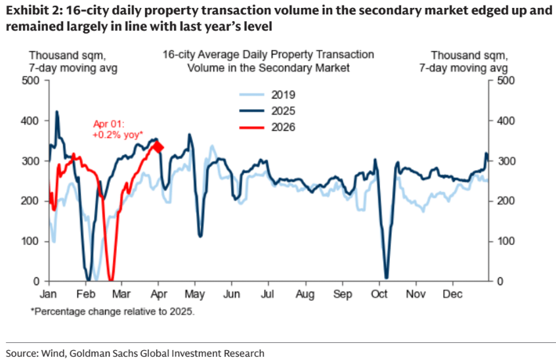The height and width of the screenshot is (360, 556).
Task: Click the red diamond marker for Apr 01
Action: (x=158, y=146)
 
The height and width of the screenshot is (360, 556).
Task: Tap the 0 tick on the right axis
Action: (x=500, y=282)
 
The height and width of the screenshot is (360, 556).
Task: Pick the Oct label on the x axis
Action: (x=379, y=294)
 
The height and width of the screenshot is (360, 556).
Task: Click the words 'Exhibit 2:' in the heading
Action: (x=32, y=11)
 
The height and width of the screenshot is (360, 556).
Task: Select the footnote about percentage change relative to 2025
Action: (x=112, y=311)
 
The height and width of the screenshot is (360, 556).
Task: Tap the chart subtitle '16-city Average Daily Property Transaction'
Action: (x=268, y=55)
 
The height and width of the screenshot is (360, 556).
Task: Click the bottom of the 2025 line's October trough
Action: (x=386, y=277)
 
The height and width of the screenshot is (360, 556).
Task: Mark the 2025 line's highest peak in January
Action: (x=56, y=112)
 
